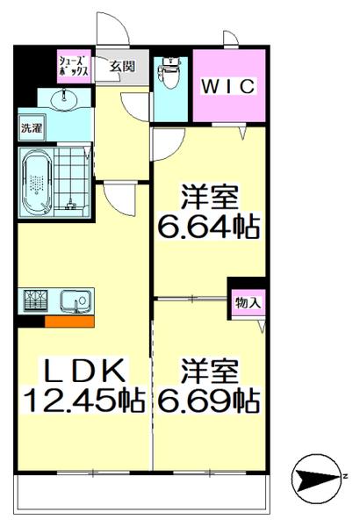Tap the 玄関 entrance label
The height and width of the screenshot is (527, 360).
coord(123,66)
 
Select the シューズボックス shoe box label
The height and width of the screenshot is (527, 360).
coord(73,66)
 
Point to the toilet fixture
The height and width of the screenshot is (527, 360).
coord(169,74)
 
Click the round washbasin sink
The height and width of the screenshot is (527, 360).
coord(65,100)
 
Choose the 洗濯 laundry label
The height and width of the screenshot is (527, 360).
coord(32,127)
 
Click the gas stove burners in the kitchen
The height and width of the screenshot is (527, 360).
coord(36,300)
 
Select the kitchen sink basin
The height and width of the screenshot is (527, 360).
coord(73,301)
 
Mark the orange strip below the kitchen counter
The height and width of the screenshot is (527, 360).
coord(69,321)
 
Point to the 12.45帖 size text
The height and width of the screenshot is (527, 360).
coord(83,401)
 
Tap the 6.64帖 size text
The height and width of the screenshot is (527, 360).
coord(209,227)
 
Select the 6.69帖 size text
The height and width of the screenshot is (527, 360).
coord(209,401)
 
